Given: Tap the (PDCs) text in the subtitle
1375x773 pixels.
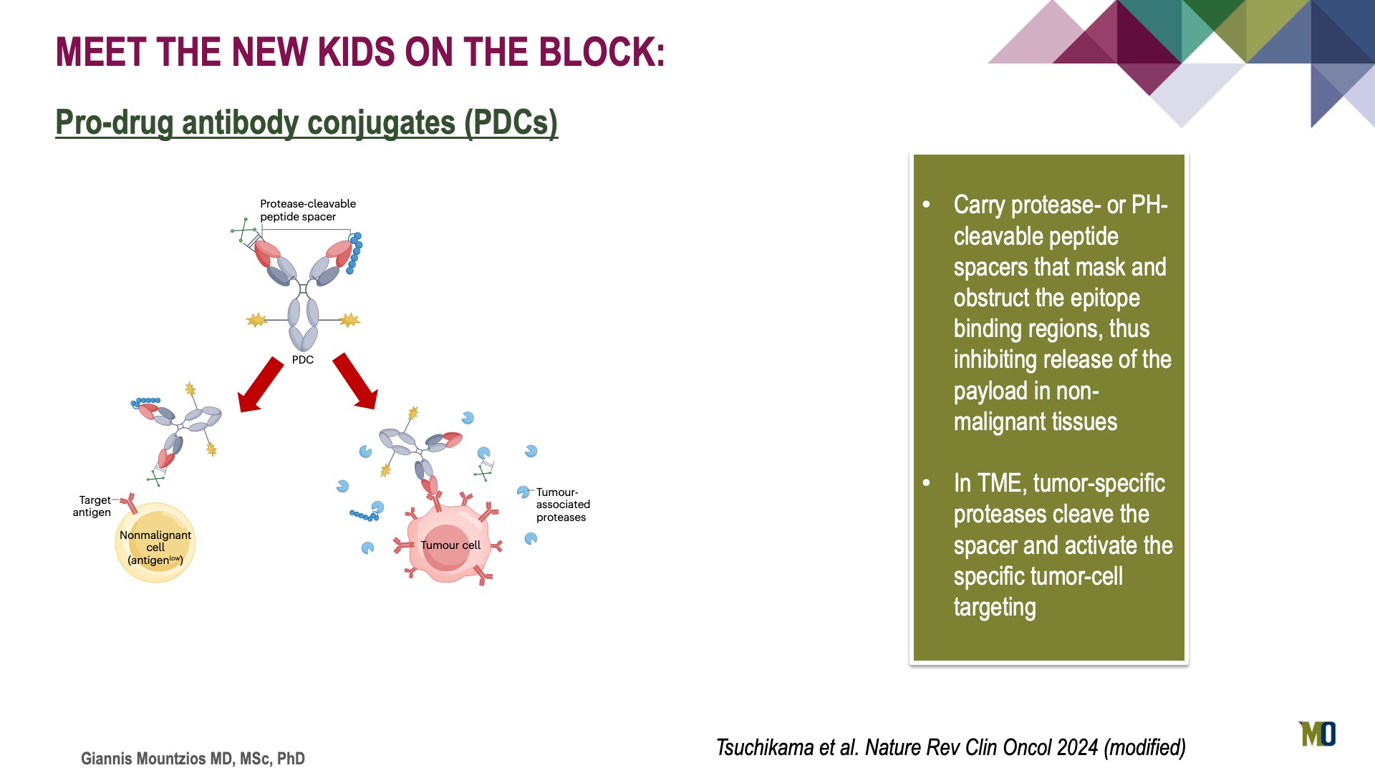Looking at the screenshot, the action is click(x=511, y=122).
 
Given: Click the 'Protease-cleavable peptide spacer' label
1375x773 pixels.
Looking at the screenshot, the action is click(x=308, y=210).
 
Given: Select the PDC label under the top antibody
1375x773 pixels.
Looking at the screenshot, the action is click(x=303, y=359).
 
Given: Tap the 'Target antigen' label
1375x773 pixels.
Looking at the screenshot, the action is click(x=93, y=506).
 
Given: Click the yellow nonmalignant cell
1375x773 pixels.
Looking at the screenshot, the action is click(x=155, y=543).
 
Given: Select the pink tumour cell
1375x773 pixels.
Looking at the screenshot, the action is click(x=449, y=544).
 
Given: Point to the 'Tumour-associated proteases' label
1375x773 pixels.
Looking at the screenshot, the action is click(x=563, y=505).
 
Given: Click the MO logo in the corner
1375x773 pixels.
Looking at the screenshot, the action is click(x=1318, y=734).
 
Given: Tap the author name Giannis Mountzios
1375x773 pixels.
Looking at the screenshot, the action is click(x=155, y=759).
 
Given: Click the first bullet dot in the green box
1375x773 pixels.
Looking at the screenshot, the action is click(x=927, y=205).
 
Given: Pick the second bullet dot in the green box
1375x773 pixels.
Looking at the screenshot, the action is click(x=927, y=483).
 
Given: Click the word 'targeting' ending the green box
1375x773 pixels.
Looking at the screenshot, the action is click(x=995, y=608).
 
